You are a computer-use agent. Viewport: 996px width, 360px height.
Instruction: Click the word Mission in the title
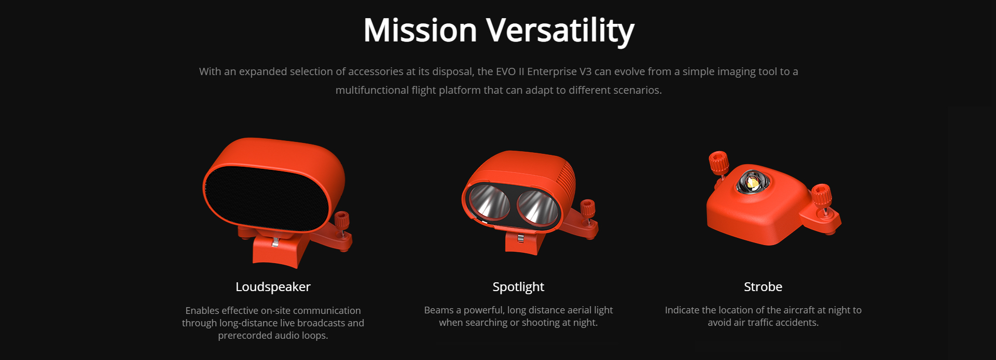420,30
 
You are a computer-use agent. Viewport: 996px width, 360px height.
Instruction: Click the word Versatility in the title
560,31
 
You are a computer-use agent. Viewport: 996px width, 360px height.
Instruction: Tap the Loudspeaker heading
273,287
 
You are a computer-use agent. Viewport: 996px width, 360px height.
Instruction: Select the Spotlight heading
518,287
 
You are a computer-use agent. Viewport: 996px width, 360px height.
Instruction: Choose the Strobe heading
763,287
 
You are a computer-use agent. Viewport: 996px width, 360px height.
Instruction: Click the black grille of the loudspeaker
268,198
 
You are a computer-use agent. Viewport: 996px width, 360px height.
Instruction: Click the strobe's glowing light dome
751,181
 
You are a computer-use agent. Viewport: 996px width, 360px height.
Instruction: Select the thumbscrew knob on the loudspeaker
341,221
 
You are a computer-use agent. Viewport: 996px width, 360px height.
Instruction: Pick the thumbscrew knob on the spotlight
587,209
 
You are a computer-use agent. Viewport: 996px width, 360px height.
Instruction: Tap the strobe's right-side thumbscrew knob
822,195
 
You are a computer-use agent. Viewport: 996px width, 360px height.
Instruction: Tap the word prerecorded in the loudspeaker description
244,336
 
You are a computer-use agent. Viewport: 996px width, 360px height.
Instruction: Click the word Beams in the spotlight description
439,310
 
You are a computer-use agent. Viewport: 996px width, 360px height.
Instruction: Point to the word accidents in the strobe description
797,323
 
